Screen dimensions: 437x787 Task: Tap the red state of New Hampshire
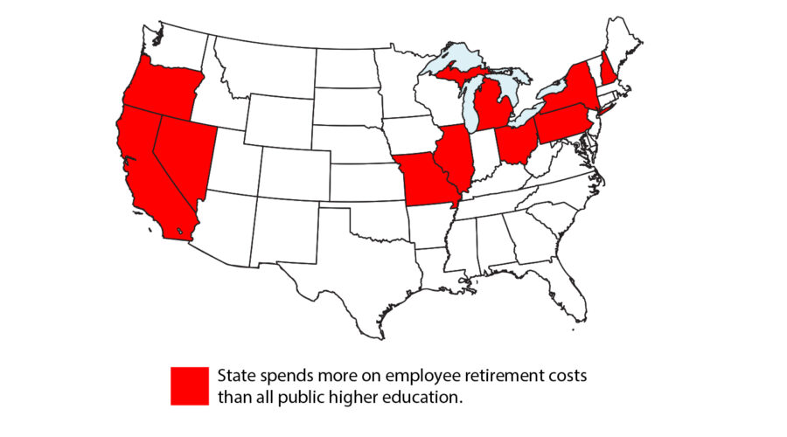pos(608,65)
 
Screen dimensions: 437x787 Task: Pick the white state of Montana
pos(262,66)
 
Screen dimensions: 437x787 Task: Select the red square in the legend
pos(190,385)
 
